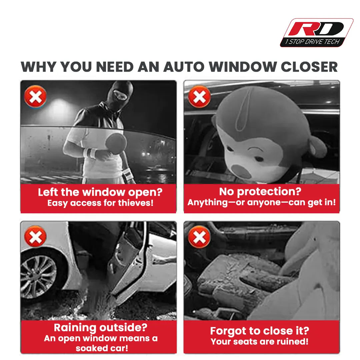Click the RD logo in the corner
tap(317, 33)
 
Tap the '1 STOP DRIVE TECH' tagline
tap(312, 42)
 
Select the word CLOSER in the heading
tap(309, 67)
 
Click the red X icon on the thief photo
tap(35, 96)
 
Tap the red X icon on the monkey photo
tap(199, 97)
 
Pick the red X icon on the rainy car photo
tap(35, 236)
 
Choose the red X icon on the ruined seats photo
tap(199, 237)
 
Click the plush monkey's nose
tap(240, 171)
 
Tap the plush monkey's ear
tap(317, 147)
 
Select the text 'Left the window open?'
tap(100, 192)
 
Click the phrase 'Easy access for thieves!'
tap(100, 203)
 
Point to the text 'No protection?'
tap(260, 192)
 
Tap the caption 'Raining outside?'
tap(101, 328)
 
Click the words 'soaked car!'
tap(102, 348)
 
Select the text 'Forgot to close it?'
tap(260, 331)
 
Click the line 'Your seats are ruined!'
tap(260, 342)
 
